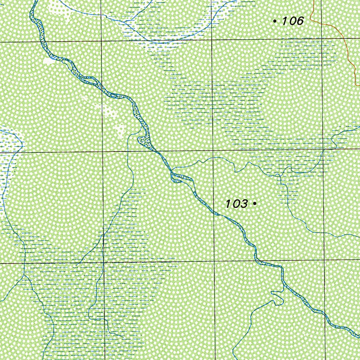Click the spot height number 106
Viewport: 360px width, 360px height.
(x=292, y=21)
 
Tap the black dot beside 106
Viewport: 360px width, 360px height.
(x=275, y=21)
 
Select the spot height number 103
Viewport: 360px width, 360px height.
(x=236, y=204)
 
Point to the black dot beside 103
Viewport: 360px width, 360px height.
(x=255, y=203)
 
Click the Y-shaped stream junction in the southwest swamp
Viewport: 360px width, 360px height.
(x=24, y=276)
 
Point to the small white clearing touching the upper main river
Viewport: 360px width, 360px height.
(x=49, y=61)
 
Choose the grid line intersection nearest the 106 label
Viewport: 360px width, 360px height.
(x=322, y=38)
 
